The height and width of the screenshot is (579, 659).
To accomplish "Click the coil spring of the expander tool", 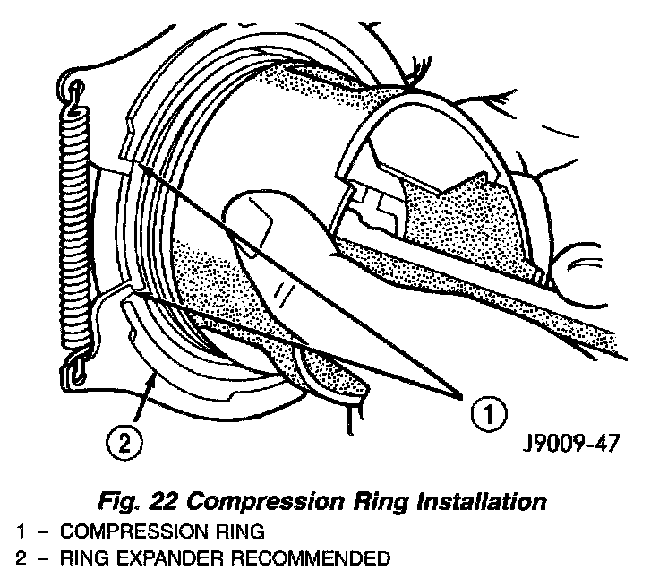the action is (x=73, y=224).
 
